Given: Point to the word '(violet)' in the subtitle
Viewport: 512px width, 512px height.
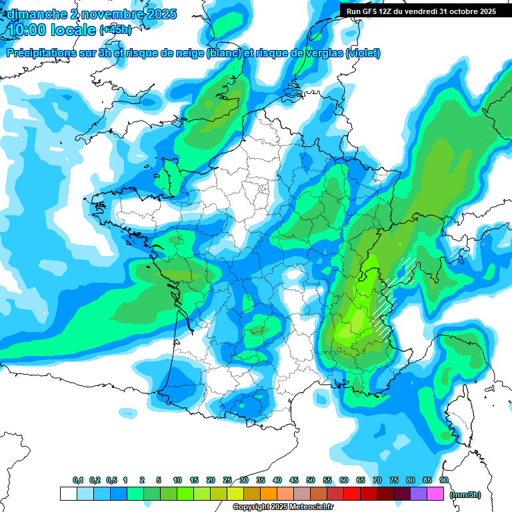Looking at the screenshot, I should coord(363,53).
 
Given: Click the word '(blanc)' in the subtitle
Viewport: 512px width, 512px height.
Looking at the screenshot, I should coord(224,53).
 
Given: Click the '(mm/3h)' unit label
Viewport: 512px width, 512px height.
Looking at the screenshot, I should coord(465,494).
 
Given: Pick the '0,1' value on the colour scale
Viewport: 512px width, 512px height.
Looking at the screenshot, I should coord(77,480).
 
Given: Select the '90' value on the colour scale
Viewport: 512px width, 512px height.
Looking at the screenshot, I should coord(444,480).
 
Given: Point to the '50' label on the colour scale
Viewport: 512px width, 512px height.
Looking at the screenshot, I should coord(311,480).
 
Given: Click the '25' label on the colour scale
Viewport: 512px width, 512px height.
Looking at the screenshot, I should coord(227,480).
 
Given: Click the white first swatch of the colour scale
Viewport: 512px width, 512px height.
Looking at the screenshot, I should coord(68,494).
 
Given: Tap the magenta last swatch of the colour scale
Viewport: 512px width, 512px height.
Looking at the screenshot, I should coord(435,494).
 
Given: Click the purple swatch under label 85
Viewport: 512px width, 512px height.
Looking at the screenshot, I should coord(419,494).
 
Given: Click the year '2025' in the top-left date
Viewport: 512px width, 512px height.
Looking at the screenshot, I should coord(160,13).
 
